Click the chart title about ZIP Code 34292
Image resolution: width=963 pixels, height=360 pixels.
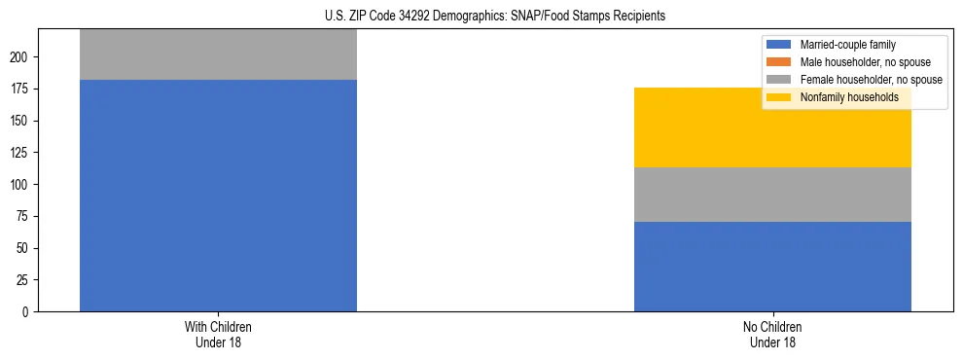(x=481, y=17)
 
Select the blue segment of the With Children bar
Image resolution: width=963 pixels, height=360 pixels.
(x=218, y=196)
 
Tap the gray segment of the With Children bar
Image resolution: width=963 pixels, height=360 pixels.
(x=218, y=54)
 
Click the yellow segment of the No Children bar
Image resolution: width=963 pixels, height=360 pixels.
(x=772, y=127)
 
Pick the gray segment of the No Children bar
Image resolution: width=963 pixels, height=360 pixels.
(x=772, y=195)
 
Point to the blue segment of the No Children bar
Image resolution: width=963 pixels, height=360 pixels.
(x=772, y=267)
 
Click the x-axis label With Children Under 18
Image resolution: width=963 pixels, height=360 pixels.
(x=218, y=334)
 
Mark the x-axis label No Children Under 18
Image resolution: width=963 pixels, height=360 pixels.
(x=772, y=334)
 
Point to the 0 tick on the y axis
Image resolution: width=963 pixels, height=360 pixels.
(x=28, y=312)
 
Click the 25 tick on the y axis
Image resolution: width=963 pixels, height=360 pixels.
(x=25, y=280)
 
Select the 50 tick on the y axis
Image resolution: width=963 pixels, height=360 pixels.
(x=25, y=248)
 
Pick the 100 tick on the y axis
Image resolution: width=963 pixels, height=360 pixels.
(x=22, y=185)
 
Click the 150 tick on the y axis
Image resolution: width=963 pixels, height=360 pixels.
(x=22, y=121)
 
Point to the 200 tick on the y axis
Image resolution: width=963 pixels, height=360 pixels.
(x=22, y=57)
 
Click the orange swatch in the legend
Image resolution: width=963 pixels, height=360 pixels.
(x=780, y=62)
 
